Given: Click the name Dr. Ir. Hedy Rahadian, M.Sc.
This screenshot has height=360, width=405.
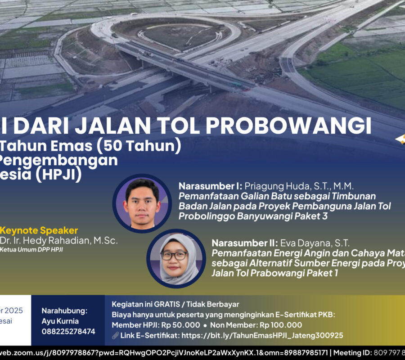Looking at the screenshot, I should tap(58, 241).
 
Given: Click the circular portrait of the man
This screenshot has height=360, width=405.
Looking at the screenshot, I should tap(142, 203).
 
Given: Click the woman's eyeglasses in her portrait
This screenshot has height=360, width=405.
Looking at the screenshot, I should tap(174, 256).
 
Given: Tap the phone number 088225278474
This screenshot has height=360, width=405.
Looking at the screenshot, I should tap(68, 332).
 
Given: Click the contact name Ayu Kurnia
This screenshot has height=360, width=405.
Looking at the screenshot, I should tap(60, 321).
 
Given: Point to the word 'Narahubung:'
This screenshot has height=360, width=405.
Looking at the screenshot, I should tap(64, 311).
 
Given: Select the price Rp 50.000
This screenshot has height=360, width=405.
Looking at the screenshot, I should tap(179, 325).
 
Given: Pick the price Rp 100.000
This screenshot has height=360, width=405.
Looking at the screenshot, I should tap(279, 325).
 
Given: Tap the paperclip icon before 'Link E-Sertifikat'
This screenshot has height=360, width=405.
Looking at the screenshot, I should tap(115, 335).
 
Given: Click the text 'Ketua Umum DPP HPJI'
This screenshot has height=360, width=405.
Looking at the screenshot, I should tap(31, 250).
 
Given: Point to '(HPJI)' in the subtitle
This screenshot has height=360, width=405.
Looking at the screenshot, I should tap(57, 175).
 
